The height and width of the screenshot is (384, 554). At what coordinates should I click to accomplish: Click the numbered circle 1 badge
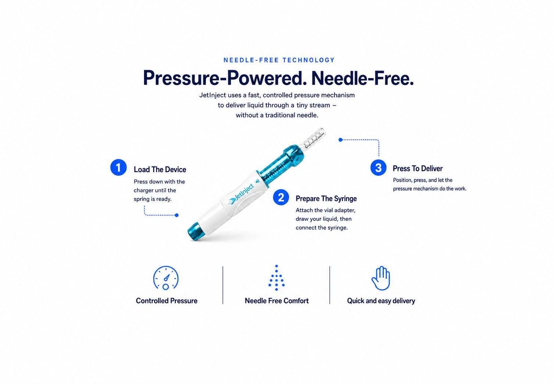click(118, 167)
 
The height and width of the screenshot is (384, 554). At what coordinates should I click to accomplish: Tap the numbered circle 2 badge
click(281, 197)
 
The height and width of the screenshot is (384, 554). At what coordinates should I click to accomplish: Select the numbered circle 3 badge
click(378, 168)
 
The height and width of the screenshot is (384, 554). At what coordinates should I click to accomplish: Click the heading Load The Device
click(160, 170)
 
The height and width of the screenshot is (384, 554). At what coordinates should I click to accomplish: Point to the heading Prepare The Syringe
click(326, 198)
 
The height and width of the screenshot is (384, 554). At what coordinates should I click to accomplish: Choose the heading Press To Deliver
click(418, 168)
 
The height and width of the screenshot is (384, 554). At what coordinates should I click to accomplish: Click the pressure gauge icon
click(166, 278)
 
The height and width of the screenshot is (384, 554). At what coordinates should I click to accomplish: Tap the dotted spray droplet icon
click(276, 278)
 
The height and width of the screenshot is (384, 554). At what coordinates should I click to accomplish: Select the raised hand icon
click(381, 278)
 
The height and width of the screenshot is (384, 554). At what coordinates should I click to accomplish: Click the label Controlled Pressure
click(167, 301)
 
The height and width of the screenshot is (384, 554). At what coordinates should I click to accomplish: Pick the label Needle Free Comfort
click(277, 301)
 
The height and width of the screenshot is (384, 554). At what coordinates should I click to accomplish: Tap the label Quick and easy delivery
click(381, 301)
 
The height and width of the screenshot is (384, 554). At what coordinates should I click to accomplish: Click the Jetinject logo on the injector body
click(241, 194)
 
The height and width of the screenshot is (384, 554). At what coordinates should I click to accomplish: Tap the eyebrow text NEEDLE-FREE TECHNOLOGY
click(279, 60)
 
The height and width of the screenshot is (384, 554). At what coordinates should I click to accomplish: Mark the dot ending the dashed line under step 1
click(176, 215)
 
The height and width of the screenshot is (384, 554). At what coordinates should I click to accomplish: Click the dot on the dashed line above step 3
click(340, 140)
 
